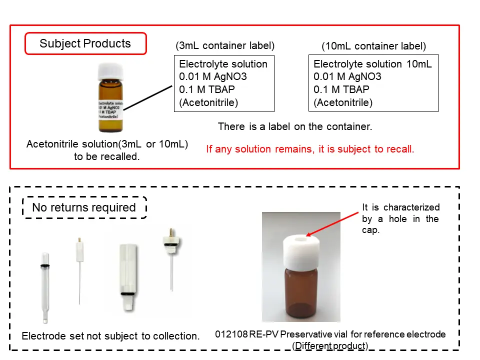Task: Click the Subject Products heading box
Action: (x=85, y=43)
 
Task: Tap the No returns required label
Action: (x=84, y=207)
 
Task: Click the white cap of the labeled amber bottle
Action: (x=110, y=71)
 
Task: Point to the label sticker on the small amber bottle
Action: (x=110, y=109)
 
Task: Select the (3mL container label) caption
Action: (x=225, y=45)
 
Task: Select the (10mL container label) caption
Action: (x=374, y=46)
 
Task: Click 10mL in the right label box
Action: (x=419, y=64)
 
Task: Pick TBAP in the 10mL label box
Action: (x=356, y=89)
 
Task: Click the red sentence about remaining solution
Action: (x=310, y=149)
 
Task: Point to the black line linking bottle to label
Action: (x=148, y=97)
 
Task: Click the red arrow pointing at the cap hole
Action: (x=332, y=224)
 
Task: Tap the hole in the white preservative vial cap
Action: (x=301, y=239)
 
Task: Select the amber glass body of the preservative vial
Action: (x=301, y=293)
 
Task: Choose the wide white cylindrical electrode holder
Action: (x=128, y=276)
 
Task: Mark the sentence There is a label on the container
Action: (x=295, y=126)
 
